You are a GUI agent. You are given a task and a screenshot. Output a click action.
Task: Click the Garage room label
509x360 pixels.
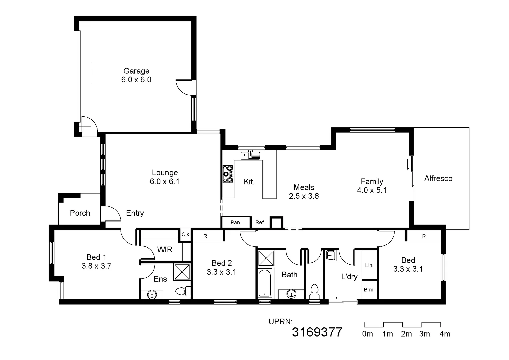tap(136, 71)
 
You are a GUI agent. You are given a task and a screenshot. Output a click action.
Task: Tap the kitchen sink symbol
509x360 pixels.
tap(250, 155)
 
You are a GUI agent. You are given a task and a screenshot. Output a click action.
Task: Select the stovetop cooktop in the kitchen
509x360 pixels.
tap(228, 174)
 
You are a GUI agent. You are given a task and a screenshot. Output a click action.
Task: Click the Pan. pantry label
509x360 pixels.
tap(236, 222)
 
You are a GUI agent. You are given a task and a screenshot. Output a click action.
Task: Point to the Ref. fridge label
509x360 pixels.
tap(260, 222)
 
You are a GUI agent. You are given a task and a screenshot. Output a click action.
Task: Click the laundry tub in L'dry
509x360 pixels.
tap(330, 255)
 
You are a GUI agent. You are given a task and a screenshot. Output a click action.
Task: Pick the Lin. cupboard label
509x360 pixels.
tap(369, 265)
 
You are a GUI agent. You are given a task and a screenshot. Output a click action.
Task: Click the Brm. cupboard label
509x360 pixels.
tap(369, 290)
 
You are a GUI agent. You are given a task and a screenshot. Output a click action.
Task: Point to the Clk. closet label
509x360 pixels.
tap(186, 234)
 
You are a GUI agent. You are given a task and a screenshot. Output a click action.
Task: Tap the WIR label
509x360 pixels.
tap(165, 249)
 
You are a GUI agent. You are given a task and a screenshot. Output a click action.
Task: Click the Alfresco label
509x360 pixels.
tap(438, 179)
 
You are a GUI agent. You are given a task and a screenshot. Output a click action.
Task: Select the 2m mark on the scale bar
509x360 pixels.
tap(406, 334)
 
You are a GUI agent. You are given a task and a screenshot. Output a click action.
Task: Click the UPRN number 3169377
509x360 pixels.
tap(317, 332)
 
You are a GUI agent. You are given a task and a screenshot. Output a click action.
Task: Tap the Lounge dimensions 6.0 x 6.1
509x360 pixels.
tap(165, 182)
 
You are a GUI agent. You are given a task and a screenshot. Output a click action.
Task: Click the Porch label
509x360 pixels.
tap(80, 213)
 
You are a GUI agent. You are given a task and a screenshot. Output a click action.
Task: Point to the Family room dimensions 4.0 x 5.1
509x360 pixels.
tap(372, 190)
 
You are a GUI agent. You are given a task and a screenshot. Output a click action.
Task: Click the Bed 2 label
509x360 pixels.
tap(222, 263)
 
